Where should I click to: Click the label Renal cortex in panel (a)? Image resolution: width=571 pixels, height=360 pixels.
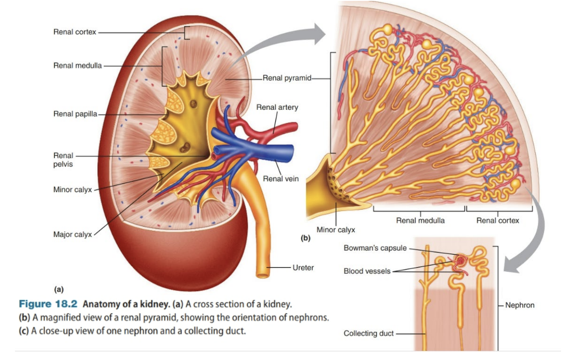pos(74,32)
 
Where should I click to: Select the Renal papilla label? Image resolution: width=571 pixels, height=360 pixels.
pos(75,113)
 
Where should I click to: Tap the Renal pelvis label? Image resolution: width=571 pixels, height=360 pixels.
pos(63,160)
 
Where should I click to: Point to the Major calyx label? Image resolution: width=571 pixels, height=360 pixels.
pos(73,234)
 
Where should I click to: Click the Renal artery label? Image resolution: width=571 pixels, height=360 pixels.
pos(277,107)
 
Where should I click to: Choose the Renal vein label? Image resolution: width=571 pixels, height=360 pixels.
pos(281,179)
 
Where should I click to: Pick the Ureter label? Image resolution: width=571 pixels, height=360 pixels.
pos(303,268)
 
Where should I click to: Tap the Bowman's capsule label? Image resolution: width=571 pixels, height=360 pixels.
pos(375,248)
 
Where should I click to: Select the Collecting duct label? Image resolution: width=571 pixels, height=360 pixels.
pos(369,333)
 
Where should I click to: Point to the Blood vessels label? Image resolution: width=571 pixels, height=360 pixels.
pos(367,271)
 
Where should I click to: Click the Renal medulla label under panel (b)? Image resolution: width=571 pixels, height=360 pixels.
pos(420,221)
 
